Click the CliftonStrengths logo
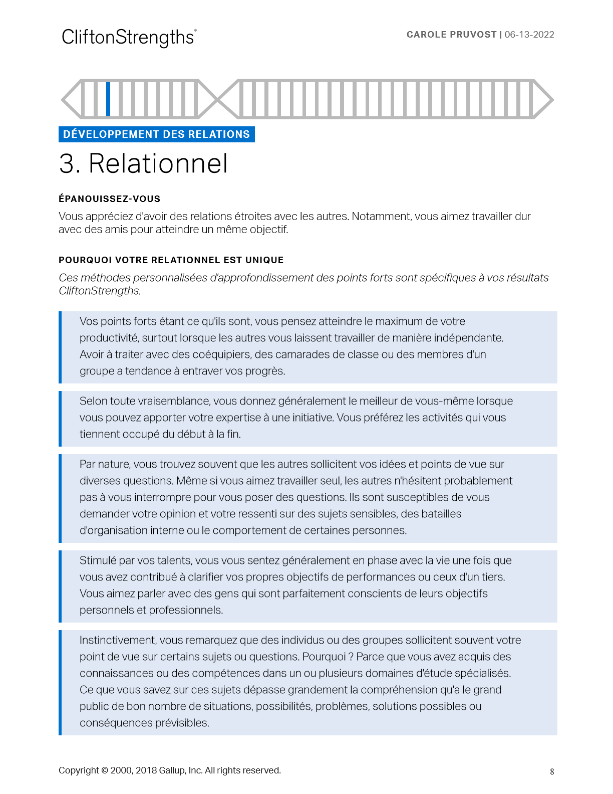point(129,38)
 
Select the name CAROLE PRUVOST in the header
point(451,35)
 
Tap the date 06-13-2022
point(529,35)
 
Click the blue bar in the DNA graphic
point(108,99)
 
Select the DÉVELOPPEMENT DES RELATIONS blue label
point(156,134)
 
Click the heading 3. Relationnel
point(143,163)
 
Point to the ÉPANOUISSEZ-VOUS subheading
point(109,199)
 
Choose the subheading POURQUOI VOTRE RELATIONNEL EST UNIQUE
point(171,260)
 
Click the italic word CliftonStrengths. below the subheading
point(100,291)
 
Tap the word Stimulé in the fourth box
point(98,560)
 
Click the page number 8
point(552,772)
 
